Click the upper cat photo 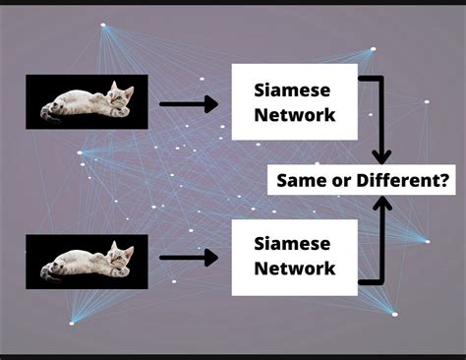coord(87,101)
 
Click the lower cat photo coord(87,261)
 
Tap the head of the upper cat coord(121,95)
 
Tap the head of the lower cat coord(121,255)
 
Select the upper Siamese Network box coord(294,102)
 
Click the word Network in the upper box coord(294,115)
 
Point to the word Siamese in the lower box coord(294,243)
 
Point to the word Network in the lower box coord(294,268)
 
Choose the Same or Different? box coord(364,181)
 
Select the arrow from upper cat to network coord(188,101)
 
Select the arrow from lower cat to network coord(188,259)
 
